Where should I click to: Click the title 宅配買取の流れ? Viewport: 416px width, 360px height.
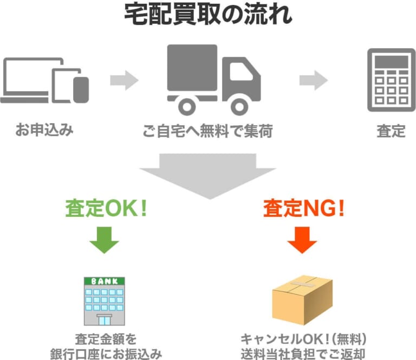click(x=208, y=15)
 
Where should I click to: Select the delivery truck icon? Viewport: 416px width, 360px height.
click(x=213, y=79)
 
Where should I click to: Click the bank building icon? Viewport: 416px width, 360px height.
click(x=104, y=301)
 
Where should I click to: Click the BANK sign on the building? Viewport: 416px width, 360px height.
click(x=104, y=281)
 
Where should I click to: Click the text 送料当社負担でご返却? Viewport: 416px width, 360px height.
click(x=303, y=354)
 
